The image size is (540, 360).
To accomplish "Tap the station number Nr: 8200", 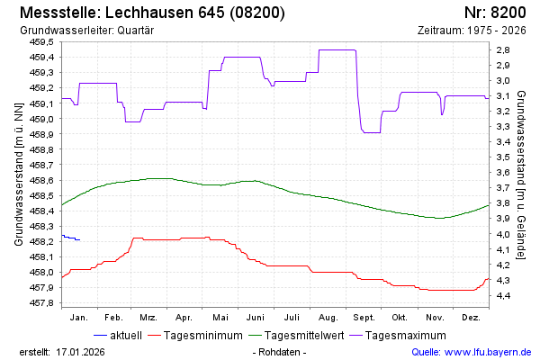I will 495,13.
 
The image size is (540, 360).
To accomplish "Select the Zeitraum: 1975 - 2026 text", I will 472,30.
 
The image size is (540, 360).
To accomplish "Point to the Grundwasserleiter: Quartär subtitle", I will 85,30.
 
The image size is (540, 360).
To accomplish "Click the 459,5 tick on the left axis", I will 42,42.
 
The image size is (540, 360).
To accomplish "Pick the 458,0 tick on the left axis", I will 42,272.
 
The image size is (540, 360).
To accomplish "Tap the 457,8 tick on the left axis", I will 42,302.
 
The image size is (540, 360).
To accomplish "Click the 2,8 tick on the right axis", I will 503,49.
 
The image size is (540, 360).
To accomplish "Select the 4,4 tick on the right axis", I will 503,295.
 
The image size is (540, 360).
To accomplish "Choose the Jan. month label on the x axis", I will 78,318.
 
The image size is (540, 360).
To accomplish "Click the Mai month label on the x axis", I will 220,318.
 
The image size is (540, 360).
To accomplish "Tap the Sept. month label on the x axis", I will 364,318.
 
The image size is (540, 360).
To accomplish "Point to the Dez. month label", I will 471,318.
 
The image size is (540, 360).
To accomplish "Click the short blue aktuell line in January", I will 70,238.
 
